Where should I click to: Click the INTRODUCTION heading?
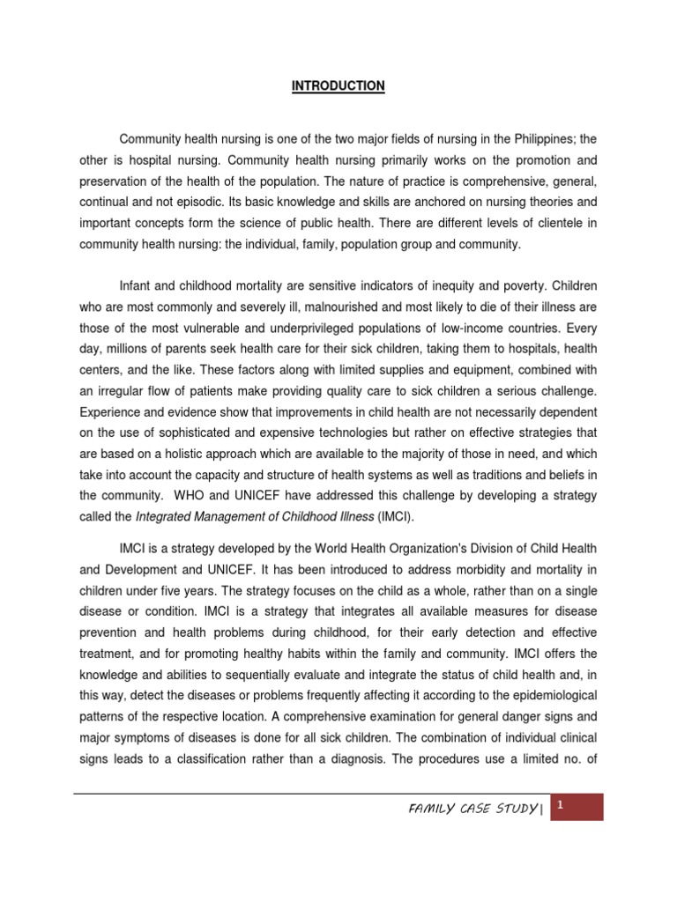(x=338, y=86)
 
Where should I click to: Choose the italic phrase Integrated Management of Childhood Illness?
(x=236, y=517)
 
